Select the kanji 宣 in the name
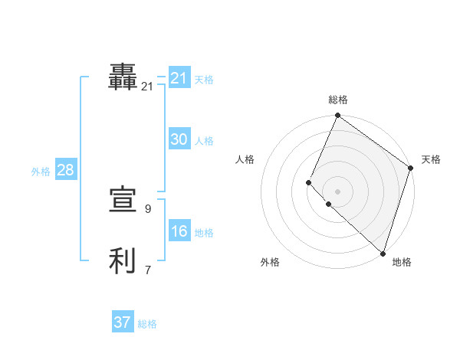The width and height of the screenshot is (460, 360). click(123, 201)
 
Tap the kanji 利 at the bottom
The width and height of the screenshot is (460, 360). click(123, 261)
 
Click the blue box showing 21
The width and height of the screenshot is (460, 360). click(179, 78)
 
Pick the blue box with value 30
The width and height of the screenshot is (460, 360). click(179, 139)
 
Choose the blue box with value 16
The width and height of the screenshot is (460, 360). click(179, 231)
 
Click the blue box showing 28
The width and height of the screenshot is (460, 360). click(65, 170)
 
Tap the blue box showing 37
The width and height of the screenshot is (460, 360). click(123, 322)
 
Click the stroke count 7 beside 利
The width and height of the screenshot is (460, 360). click(147, 270)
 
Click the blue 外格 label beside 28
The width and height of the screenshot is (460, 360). click(41, 172)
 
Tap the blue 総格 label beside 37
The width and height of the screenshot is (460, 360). click(147, 324)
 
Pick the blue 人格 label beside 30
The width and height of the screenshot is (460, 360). click(204, 141)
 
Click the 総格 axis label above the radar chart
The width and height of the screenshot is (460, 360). click(338, 100)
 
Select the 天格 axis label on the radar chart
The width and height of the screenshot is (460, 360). click(431, 159)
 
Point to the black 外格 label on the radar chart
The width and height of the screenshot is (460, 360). click(270, 263)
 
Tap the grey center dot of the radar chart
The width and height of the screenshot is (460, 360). click(337, 191)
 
